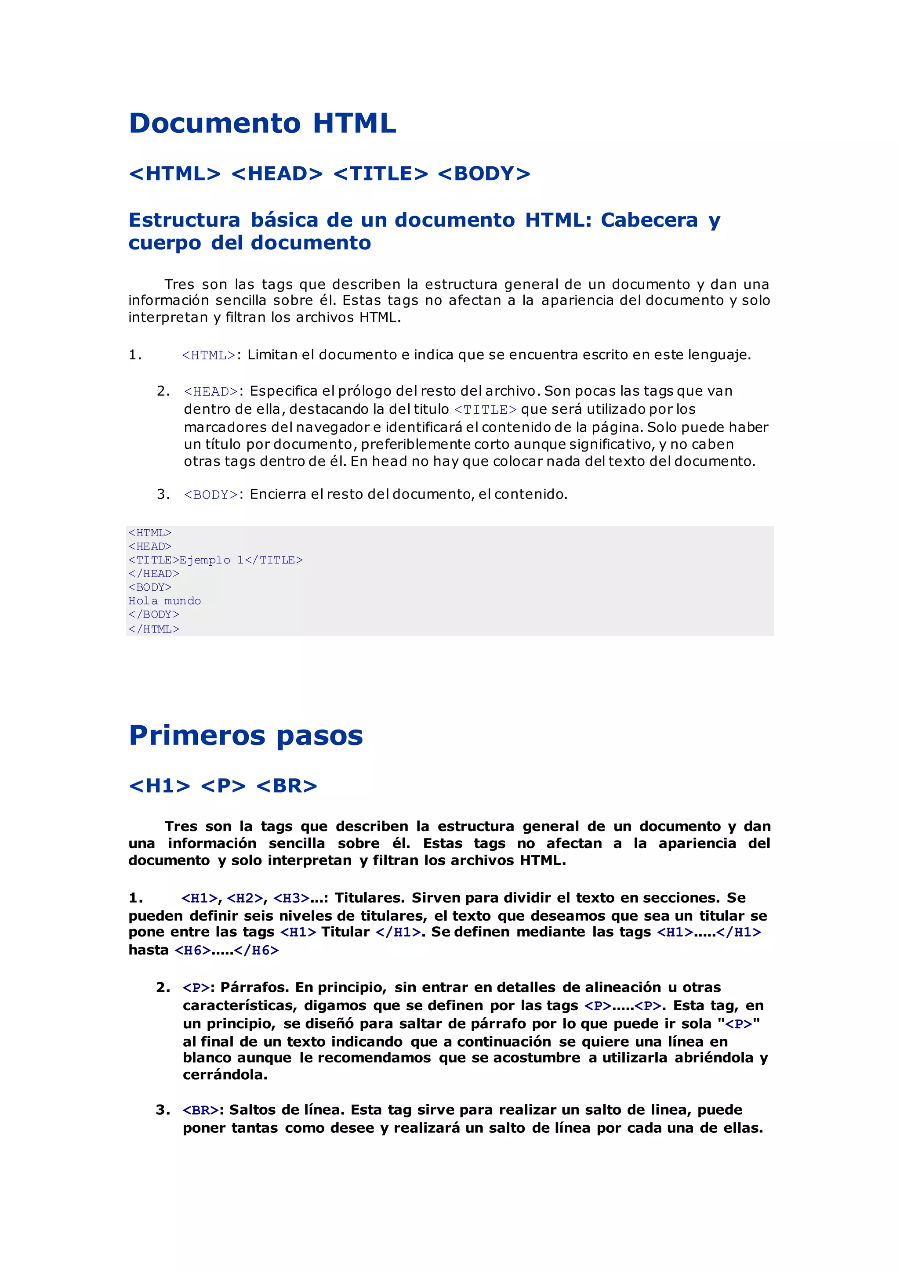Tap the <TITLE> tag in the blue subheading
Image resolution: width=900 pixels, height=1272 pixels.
tap(381, 174)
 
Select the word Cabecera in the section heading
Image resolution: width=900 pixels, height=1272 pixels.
tap(649, 220)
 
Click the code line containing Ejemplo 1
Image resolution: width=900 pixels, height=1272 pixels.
tap(216, 560)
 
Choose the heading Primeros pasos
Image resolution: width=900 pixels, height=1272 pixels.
tap(246, 736)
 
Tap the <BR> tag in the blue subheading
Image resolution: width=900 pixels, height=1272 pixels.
tap(287, 786)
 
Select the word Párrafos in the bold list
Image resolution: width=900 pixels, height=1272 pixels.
tap(254, 988)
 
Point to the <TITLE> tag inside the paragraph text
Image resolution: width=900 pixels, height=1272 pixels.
tap(486, 410)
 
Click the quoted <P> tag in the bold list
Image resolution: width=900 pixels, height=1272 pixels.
tap(739, 1024)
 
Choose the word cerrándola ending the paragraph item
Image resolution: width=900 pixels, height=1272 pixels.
tap(225, 1075)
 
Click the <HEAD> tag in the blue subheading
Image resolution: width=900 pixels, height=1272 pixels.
tap(277, 174)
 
